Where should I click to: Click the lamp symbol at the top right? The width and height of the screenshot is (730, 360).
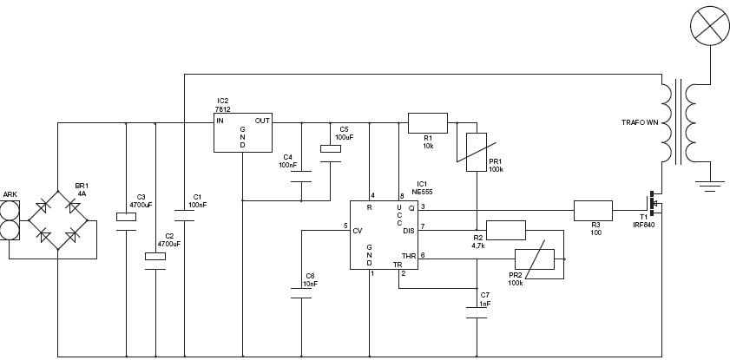pos(710,25)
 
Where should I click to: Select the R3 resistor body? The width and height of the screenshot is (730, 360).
pos(593,210)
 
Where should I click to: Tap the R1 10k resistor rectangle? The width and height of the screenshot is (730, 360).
pos(428,123)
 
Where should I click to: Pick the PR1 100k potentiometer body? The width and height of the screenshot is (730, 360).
pos(477,152)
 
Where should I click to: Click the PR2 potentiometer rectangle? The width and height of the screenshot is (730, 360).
pos(535,259)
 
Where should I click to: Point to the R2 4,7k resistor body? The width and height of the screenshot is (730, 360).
pos(506,230)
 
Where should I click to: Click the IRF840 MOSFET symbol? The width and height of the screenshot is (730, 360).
pos(654,203)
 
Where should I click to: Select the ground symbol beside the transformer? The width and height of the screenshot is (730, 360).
pos(710,186)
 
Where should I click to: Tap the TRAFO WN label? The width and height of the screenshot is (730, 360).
pos(640,122)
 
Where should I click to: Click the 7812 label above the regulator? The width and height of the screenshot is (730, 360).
pos(222,109)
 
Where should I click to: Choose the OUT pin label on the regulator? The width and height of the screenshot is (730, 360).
pos(262,121)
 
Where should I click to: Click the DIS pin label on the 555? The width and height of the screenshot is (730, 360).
pos(408,230)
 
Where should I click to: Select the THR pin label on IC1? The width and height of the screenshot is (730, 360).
pos(408,256)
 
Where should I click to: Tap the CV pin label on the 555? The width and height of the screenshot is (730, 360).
pos(358,230)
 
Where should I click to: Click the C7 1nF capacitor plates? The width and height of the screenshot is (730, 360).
pos(477,312)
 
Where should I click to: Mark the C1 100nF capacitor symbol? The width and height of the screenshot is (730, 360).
pos(184,216)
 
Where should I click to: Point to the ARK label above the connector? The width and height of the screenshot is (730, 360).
pos(10,193)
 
